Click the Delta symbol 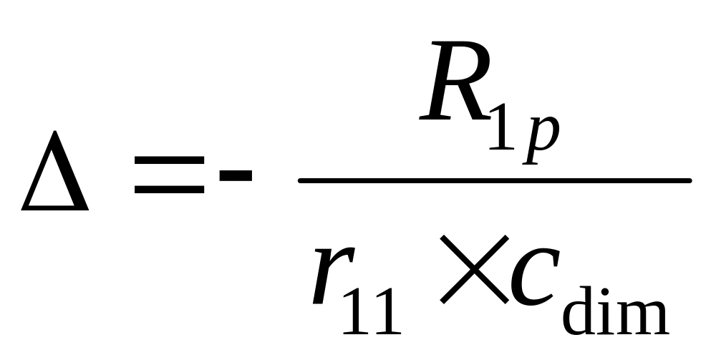pyautogui.click(x=55, y=175)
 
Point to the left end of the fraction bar pyautogui.click(x=301, y=180)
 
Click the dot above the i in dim pyautogui.click(x=605, y=292)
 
